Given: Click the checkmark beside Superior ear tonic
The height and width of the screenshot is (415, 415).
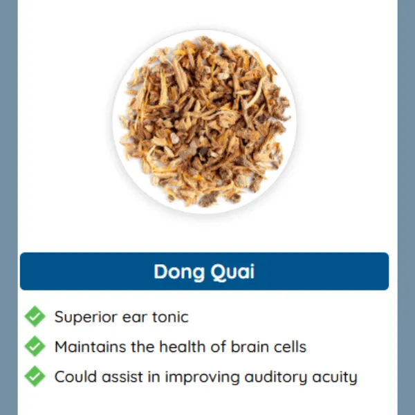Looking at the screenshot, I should coord(35,317).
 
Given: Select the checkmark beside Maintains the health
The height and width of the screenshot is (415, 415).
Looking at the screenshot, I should coord(35,346).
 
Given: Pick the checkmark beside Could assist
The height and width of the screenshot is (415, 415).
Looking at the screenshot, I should coord(35,376).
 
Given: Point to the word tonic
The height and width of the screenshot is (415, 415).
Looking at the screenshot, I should coord(169,317).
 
